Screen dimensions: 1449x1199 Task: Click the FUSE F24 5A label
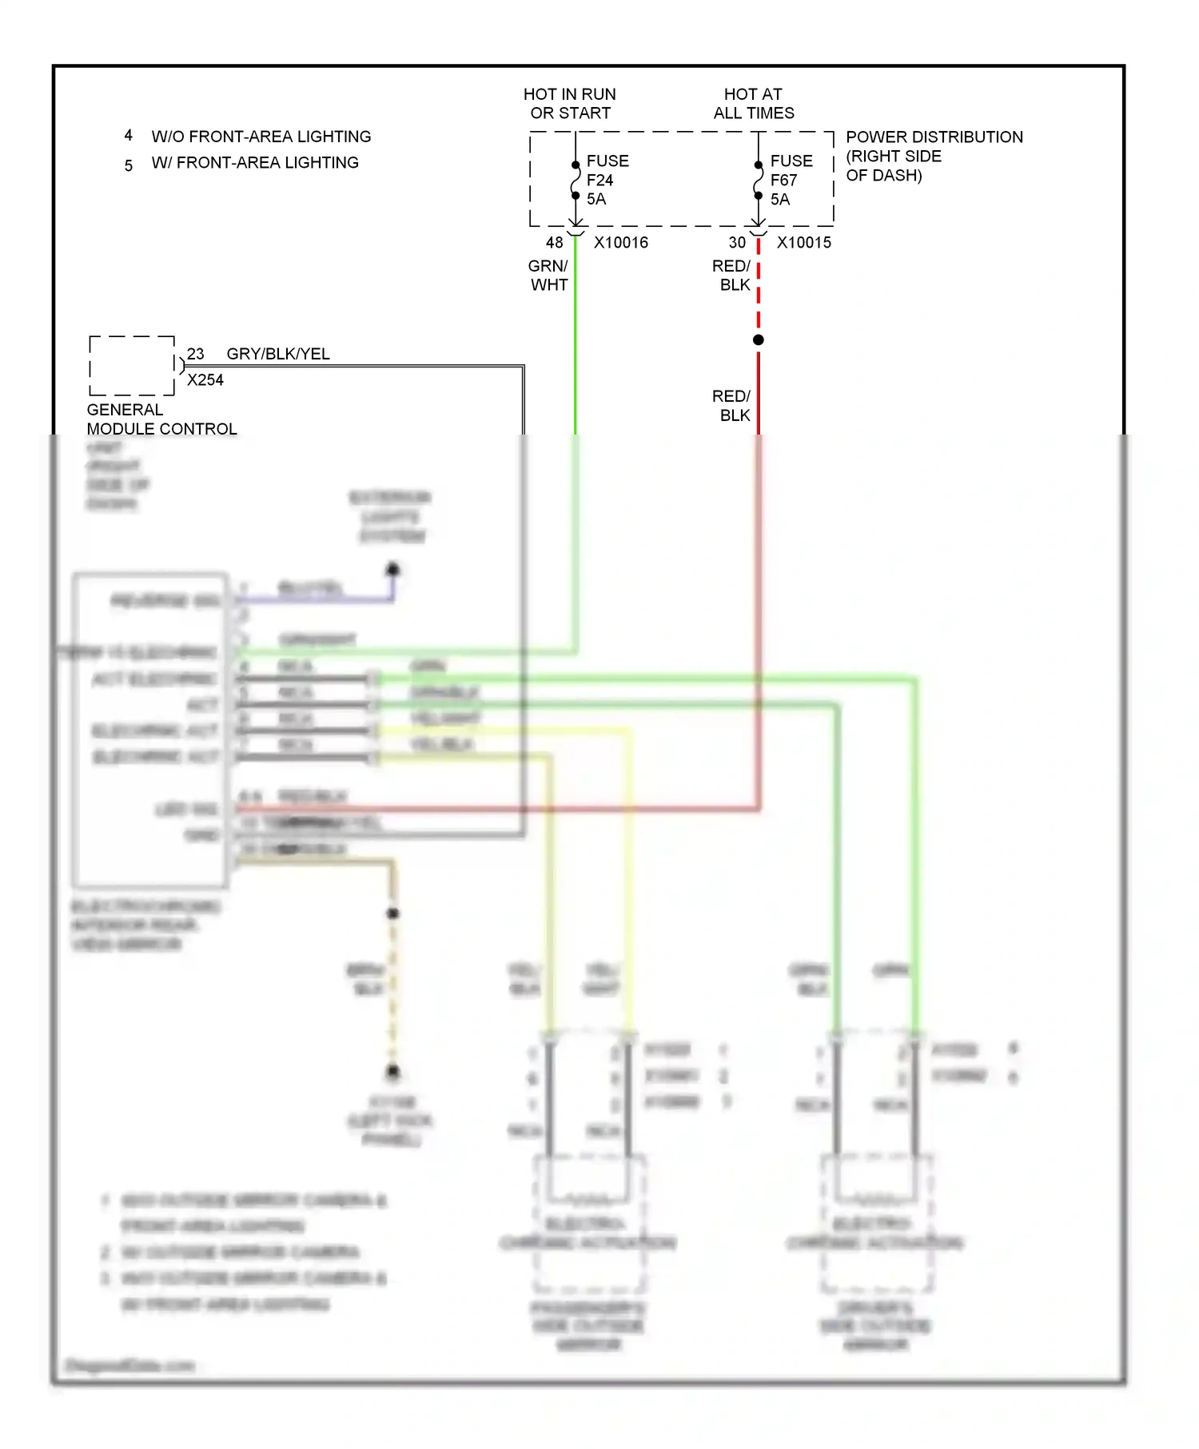click(607, 180)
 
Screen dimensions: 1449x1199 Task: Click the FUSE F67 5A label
click(791, 180)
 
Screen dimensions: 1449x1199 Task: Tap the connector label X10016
click(620, 242)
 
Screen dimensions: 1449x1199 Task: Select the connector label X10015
click(803, 242)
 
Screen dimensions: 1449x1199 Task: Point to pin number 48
click(554, 242)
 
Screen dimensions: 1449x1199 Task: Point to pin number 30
click(737, 242)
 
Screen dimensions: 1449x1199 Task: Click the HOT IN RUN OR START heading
click(570, 104)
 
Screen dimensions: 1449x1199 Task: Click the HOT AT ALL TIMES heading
click(754, 104)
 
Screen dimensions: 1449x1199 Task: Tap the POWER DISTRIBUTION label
click(934, 137)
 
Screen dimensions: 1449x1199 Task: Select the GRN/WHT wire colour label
click(548, 276)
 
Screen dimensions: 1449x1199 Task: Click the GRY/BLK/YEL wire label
click(278, 354)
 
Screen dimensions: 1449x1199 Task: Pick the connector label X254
click(205, 380)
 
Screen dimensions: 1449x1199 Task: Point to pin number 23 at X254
click(196, 354)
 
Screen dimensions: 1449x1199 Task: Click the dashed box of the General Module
click(132, 366)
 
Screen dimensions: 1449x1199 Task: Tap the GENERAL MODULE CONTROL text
click(161, 419)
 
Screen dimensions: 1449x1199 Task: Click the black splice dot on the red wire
click(759, 340)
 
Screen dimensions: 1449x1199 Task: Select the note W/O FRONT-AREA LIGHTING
click(261, 137)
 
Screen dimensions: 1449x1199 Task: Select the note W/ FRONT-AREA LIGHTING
click(255, 163)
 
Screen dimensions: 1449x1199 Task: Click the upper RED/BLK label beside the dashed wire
click(731, 276)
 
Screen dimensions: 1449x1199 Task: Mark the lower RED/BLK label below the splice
click(731, 406)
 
